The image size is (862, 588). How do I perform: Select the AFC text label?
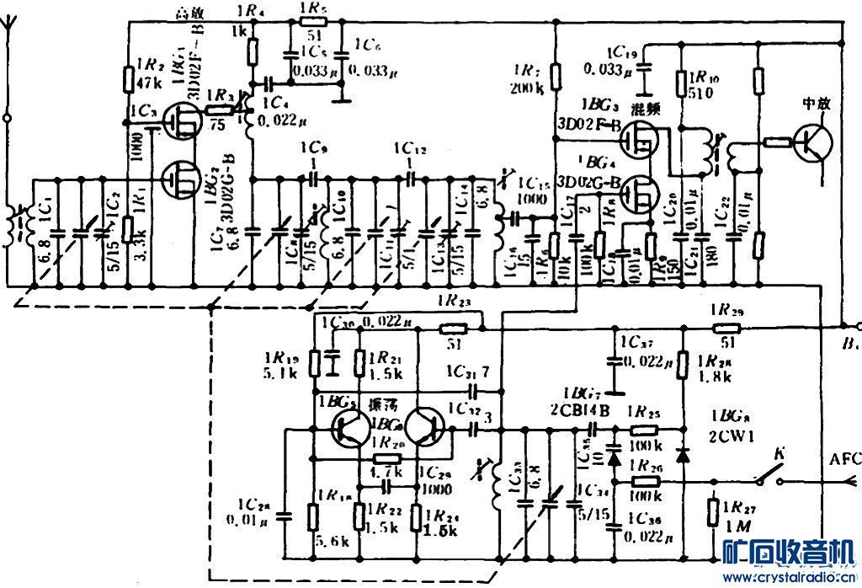[844, 460]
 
